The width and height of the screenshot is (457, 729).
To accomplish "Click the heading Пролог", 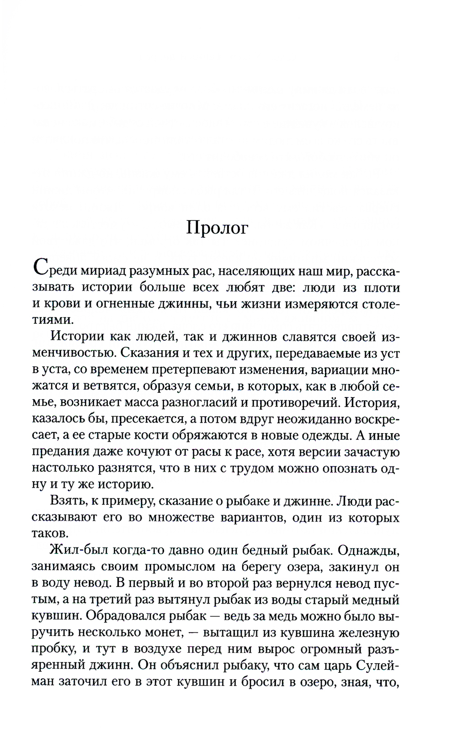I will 217,229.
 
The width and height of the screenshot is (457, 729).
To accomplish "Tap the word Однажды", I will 370,552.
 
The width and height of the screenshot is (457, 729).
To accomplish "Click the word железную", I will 362,634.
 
